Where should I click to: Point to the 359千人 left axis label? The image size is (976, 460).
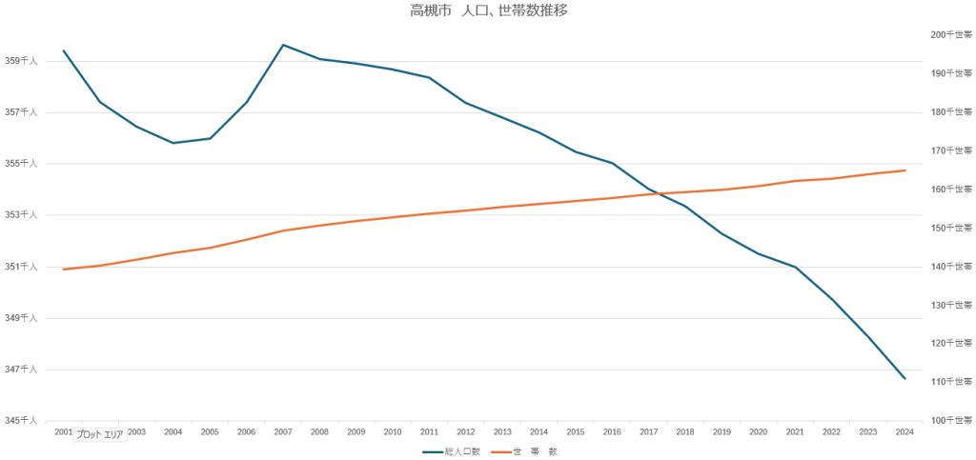pyautogui.click(x=21, y=61)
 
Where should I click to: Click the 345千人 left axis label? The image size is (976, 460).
pyautogui.click(x=21, y=420)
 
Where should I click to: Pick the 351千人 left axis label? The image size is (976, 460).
pyautogui.click(x=21, y=267)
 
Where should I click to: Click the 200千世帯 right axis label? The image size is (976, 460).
pyautogui.click(x=951, y=35)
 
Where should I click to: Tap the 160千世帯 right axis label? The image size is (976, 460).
pyautogui.click(x=951, y=190)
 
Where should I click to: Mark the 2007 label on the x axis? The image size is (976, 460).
pyautogui.click(x=283, y=432)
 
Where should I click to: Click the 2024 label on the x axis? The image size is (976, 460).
pyautogui.click(x=905, y=432)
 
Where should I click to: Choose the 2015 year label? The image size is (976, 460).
pyautogui.click(x=576, y=432)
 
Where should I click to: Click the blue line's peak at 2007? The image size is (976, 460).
pyautogui.click(x=283, y=45)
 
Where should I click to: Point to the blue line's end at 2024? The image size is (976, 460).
pyautogui.click(x=905, y=379)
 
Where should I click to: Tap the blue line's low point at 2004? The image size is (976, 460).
pyautogui.click(x=173, y=143)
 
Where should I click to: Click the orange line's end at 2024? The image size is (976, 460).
pyautogui.click(x=905, y=170)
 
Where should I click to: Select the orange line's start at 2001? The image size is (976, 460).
pyautogui.click(x=64, y=270)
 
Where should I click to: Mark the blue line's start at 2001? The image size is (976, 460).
pyautogui.click(x=64, y=50)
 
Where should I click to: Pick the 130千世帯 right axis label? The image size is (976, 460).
pyautogui.click(x=951, y=305)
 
